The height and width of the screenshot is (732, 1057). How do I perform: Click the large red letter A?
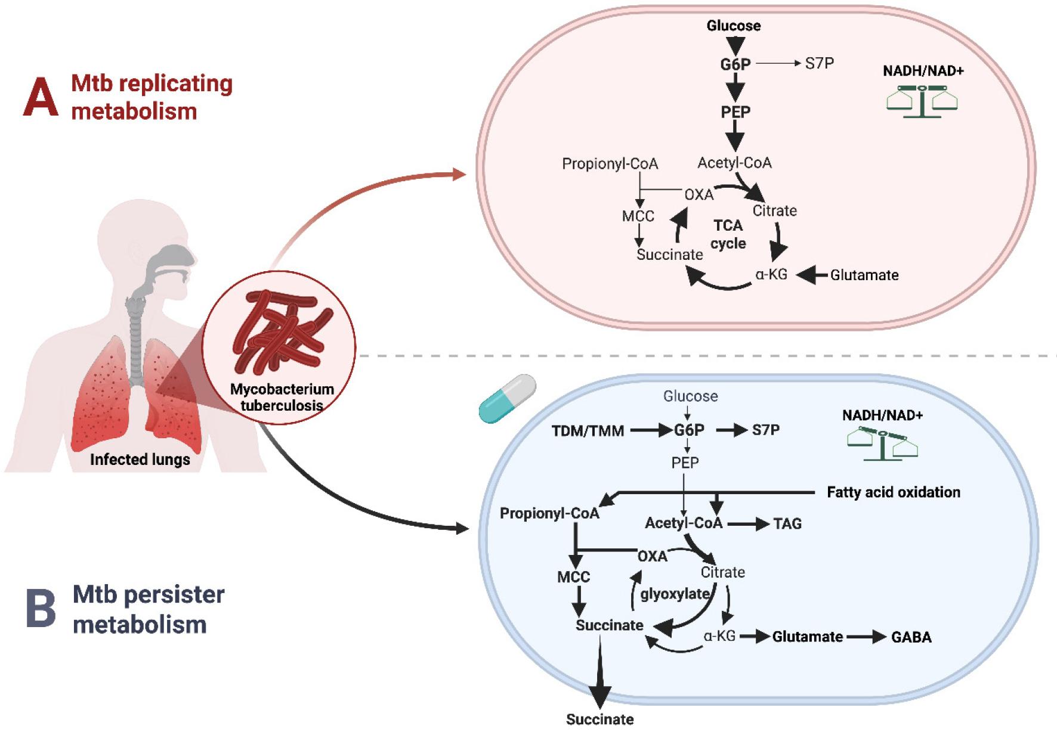(41, 97)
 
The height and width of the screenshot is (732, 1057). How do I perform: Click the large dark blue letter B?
(41, 609)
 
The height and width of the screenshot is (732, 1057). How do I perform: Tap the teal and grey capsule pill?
(507, 399)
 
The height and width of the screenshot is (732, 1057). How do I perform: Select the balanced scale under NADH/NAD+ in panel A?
(922, 100)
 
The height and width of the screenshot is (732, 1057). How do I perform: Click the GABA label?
(911, 637)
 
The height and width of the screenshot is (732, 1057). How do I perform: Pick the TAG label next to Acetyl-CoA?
(787, 524)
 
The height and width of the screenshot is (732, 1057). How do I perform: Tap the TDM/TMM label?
(588, 430)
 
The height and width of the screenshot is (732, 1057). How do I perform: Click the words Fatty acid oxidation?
(893, 492)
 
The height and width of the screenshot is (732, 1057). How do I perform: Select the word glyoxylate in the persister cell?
(675, 594)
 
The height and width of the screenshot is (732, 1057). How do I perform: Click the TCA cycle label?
(728, 234)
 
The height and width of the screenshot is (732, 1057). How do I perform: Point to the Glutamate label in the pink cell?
(864, 275)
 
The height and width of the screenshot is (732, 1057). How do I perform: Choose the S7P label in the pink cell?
(819, 63)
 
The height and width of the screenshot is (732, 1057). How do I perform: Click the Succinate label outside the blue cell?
(599, 719)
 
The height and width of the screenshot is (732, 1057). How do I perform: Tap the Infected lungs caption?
(140, 460)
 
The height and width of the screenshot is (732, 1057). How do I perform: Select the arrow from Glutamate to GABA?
(866, 637)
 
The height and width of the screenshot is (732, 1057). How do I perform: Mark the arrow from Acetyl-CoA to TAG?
(748, 524)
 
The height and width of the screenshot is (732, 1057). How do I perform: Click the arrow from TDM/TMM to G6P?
(650, 430)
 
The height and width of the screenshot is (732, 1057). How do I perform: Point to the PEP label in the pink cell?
(735, 112)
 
